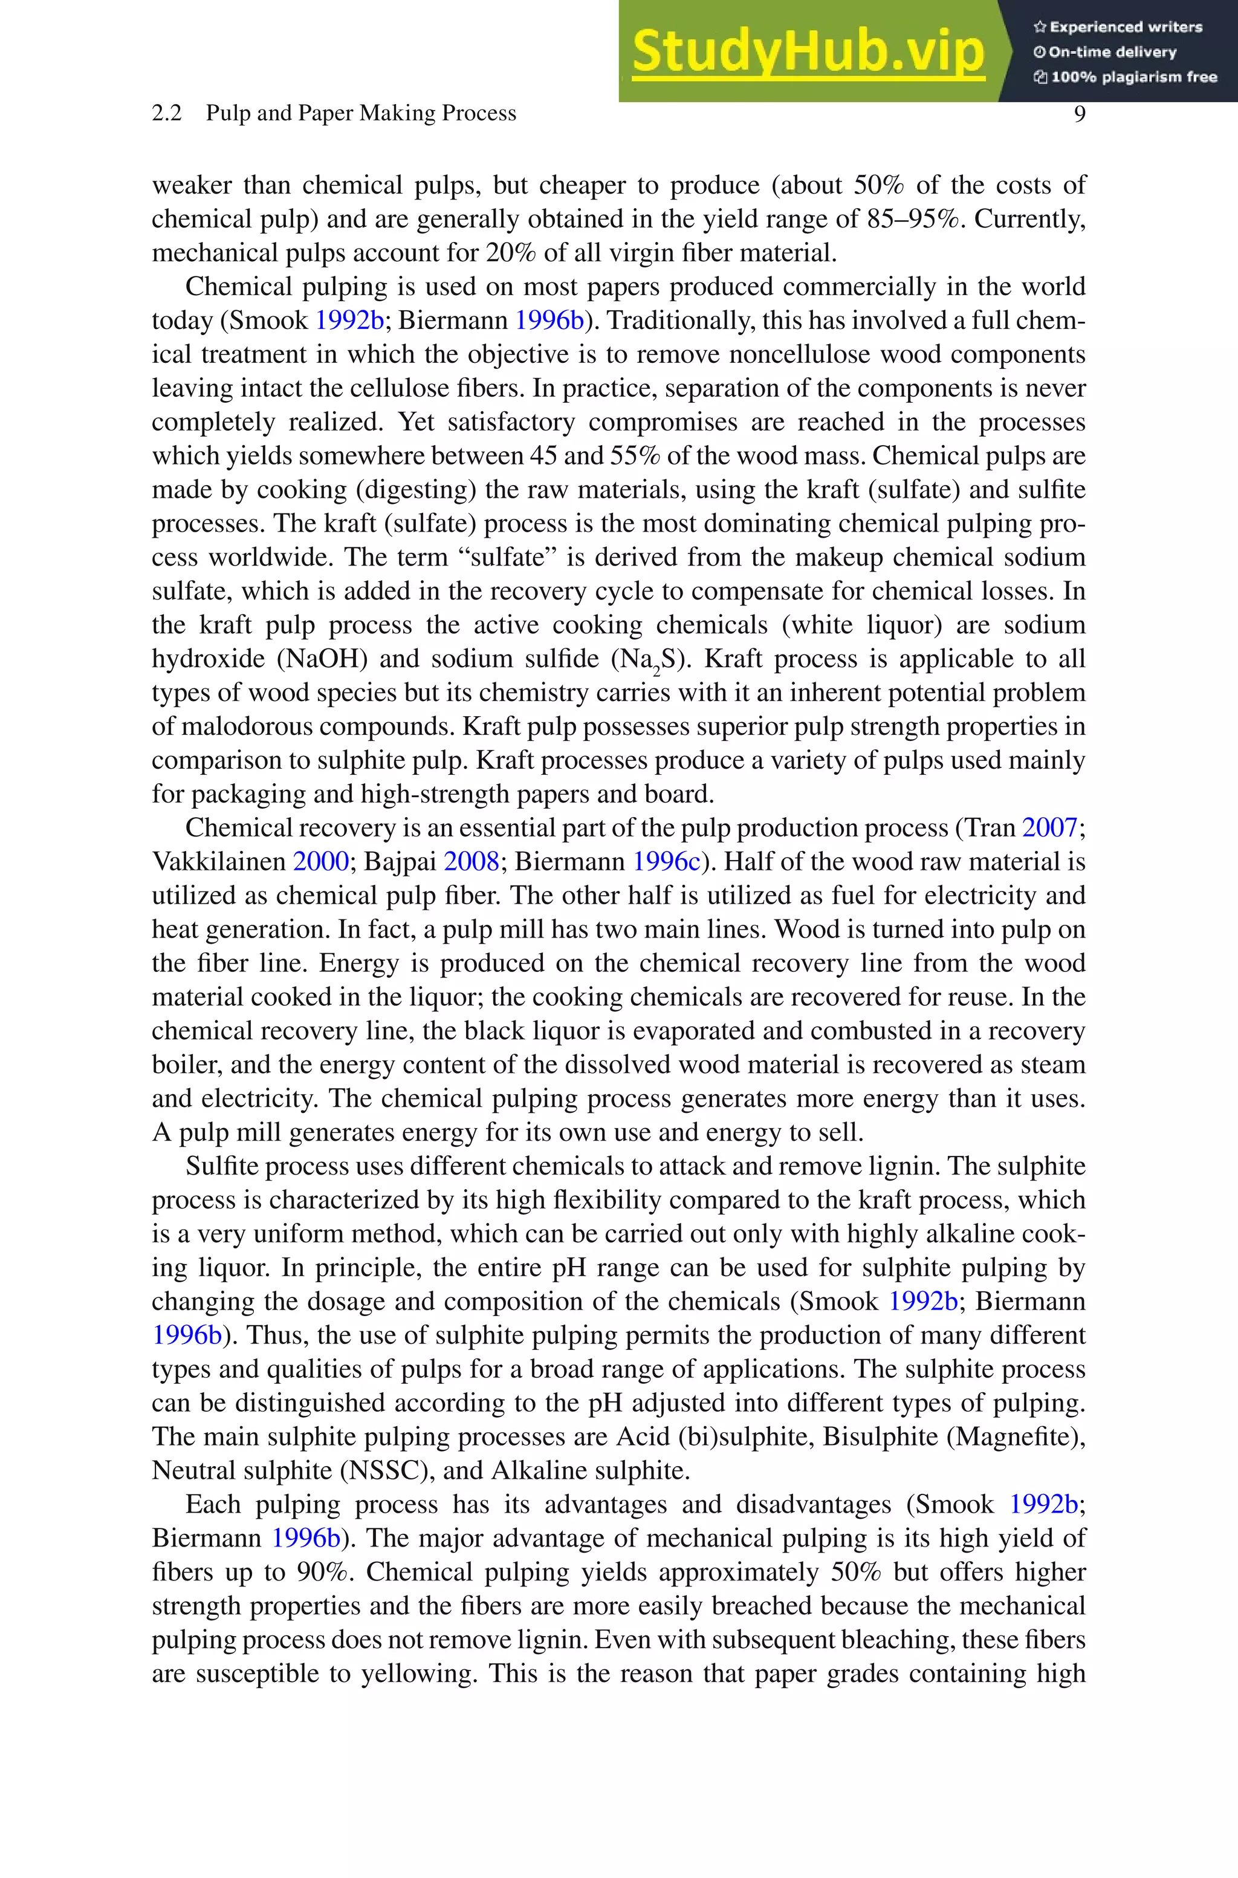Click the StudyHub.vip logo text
[x=808, y=51]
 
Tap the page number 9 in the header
[x=1079, y=114]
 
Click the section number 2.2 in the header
[x=167, y=114]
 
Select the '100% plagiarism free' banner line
[x=1125, y=77]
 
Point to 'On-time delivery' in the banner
[x=1106, y=52]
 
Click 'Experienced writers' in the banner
[x=1118, y=27]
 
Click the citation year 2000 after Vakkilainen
[x=320, y=862]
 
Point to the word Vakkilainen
[x=219, y=862]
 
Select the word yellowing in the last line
[x=420, y=1674]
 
